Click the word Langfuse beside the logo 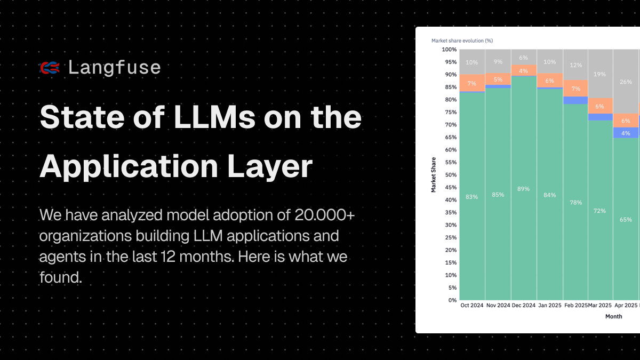pos(114,67)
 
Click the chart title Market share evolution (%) pos(462,40)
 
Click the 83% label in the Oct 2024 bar pos(471,197)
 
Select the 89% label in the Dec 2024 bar pos(523,189)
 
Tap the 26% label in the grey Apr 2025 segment pos(626,82)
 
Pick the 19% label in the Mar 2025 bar pos(600,74)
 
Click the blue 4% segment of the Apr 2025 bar pos(626,133)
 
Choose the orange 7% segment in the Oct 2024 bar pos(471,83)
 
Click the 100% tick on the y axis pos(449,50)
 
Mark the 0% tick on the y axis pos(452,300)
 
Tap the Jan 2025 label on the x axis pos(549,306)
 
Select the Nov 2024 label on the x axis pos(498,306)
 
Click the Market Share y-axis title pos(434,175)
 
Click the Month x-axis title pos(613,316)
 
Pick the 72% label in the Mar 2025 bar pos(600,211)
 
